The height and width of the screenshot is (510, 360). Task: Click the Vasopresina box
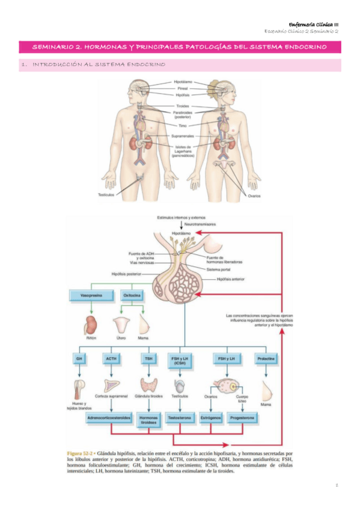[x=89, y=295]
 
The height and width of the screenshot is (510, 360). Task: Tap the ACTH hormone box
[x=111, y=358]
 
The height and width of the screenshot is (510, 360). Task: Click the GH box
[x=79, y=358]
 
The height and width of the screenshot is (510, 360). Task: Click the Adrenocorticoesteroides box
[x=109, y=417]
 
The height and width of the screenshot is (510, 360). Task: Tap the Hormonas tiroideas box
[x=148, y=419]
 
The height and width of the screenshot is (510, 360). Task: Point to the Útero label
[x=121, y=338]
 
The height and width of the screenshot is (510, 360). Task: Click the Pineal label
[x=183, y=88]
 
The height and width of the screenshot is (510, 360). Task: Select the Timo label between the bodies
[x=183, y=126]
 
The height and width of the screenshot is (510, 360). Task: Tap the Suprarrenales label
[x=183, y=136]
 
